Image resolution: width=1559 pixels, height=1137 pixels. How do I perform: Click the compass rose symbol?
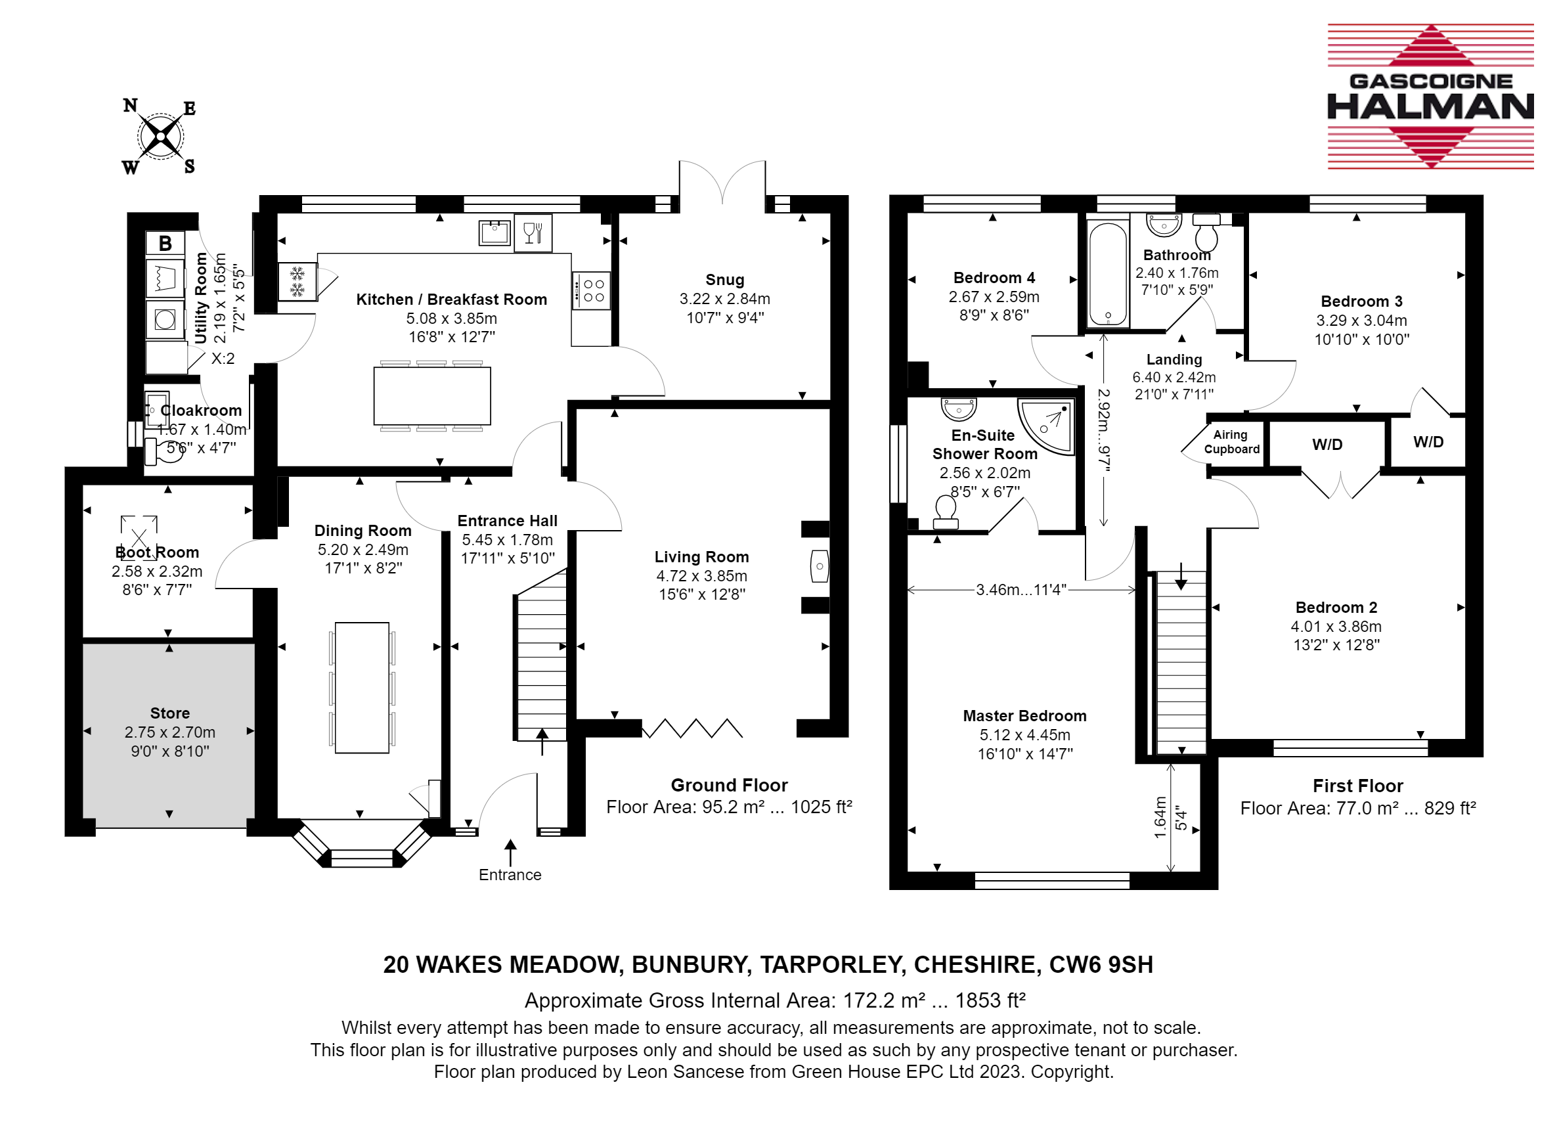point(160,136)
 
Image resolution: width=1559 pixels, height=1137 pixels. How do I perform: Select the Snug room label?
point(724,280)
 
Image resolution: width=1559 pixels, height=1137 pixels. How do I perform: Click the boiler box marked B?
point(165,243)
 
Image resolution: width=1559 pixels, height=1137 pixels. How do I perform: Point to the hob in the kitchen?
point(591,290)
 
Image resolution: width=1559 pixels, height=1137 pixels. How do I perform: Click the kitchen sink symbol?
point(494,233)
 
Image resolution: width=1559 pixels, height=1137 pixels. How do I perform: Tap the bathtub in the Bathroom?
point(1107,273)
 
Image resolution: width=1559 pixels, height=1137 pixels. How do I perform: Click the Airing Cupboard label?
point(1231,442)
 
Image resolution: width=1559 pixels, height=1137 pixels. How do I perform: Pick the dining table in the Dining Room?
point(362,687)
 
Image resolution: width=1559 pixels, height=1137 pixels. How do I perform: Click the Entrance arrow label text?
point(510,875)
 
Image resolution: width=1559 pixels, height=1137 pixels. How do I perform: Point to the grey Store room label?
point(170,713)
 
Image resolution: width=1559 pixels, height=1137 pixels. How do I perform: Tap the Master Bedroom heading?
point(1024,716)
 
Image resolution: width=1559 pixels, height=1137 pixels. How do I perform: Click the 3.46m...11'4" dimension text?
point(1021,590)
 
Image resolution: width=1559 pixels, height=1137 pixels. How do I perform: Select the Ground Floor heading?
point(730,786)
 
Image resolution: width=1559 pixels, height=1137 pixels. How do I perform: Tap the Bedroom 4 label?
point(994,278)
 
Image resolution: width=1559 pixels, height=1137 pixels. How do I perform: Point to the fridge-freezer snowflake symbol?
point(297,282)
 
